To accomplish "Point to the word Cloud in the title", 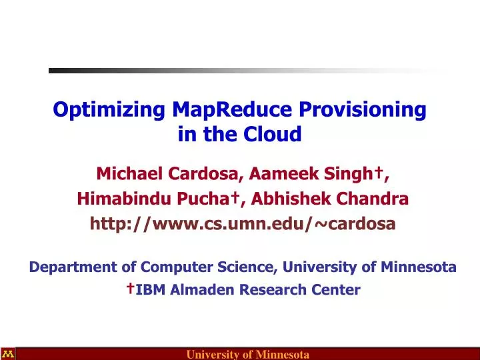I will pos(275,135).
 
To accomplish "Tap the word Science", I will pos(247,267).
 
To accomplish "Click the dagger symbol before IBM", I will pos(132,287).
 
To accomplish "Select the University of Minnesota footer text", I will pos(247,354).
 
